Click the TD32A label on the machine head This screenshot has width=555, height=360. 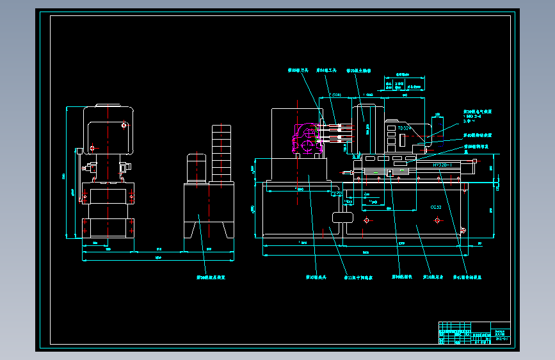pos(405,128)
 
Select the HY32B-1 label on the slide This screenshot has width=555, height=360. pos(442,165)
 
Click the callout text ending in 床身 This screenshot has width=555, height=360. pos(433,278)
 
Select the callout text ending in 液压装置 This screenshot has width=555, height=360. pos(211,278)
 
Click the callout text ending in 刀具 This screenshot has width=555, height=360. pos(298,70)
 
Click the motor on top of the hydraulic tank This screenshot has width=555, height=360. pos(195,168)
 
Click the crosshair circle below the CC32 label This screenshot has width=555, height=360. pos(437,220)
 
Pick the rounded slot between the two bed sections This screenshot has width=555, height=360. pos(342,217)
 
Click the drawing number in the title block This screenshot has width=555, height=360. pos(502,339)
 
